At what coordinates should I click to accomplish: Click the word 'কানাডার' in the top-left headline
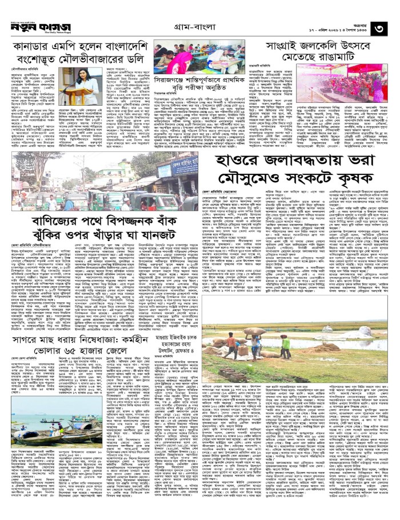click(38, 45)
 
